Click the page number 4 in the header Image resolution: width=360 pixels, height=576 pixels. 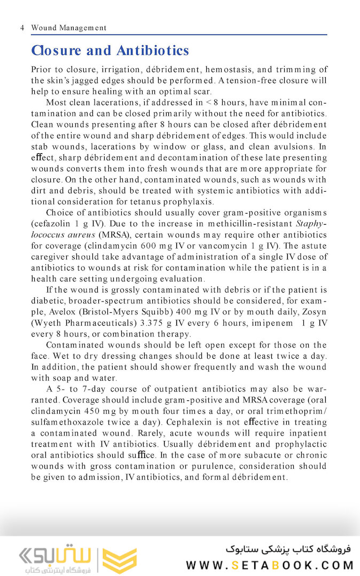pyautogui.click(x=21, y=28)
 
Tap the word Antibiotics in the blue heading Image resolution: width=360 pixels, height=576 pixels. pyautogui.click(x=153, y=51)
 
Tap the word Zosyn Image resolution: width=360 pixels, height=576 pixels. pyautogui.click(x=314, y=312)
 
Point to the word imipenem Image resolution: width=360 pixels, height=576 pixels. pyautogui.click(x=273, y=323)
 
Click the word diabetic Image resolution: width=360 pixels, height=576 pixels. pyautogui.click(x=48, y=301)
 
